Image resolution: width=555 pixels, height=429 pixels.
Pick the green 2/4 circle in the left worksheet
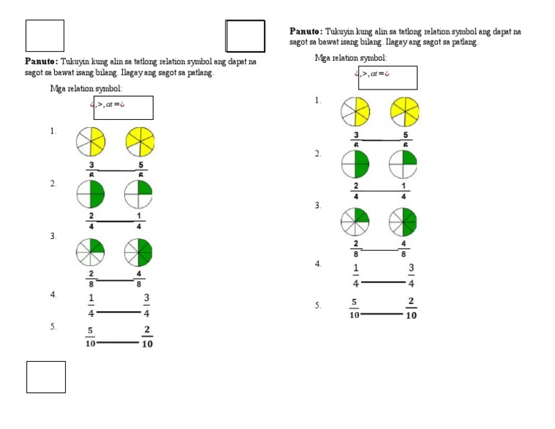(x=91, y=194)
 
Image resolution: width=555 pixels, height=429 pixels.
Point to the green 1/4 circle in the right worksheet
(x=403, y=164)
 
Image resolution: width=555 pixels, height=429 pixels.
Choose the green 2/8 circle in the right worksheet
(x=356, y=222)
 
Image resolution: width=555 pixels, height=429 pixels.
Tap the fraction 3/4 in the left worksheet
(x=147, y=305)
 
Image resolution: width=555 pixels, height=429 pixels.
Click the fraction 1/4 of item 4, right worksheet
(x=356, y=276)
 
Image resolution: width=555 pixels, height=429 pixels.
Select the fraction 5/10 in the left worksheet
(x=90, y=337)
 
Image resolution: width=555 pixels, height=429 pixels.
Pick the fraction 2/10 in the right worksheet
(x=411, y=308)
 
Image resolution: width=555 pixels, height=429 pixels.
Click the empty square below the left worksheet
(x=46, y=377)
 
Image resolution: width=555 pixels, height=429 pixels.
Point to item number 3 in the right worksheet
(x=317, y=207)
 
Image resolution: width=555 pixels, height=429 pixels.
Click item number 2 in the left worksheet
(x=53, y=184)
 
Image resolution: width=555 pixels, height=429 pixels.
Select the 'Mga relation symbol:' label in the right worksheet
(x=350, y=58)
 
